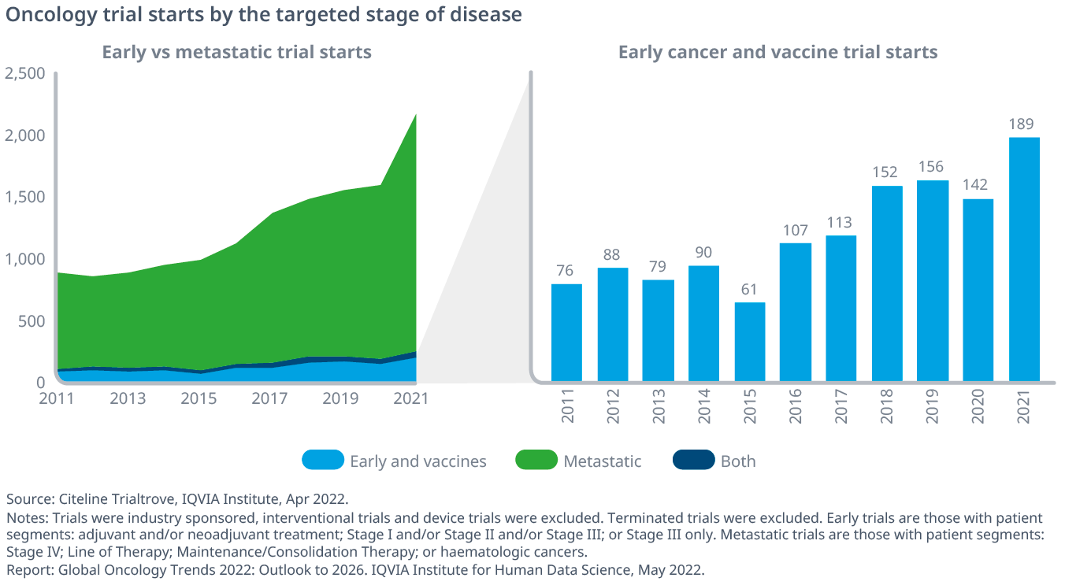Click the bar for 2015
[x=750, y=342]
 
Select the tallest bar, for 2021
[x=1024, y=259]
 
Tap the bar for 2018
[x=887, y=283]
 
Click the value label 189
[x=1021, y=124]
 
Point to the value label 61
[x=749, y=290]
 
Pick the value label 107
[x=796, y=231]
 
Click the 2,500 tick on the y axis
[x=24, y=74]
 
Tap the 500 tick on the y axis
[x=32, y=322]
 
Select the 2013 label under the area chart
[x=128, y=398]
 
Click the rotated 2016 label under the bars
[x=795, y=406]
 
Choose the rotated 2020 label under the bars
[x=978, y=406]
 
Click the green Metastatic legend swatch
[x=536, y=460]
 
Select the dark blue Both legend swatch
[x=694, y=460]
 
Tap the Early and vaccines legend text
[x=418, y=461]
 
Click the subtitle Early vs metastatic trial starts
[x=237, y=52]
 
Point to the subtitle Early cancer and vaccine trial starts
[x=777, y=52]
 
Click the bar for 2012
[x=613, y=324]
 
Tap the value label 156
[x=931, y=167]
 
